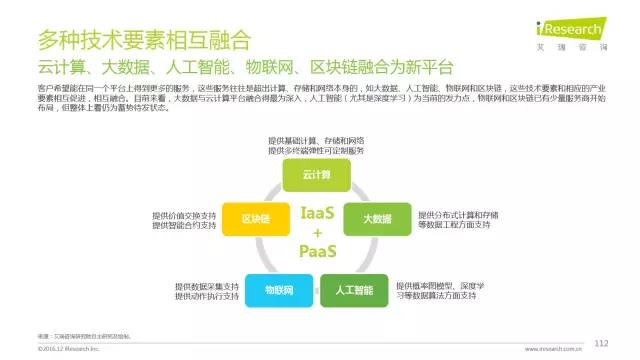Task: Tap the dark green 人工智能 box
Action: (x=353, y=290)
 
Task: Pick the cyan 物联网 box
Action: (x=277, y=290)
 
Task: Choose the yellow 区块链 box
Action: (x=254, y=218)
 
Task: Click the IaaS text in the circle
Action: (x=318, y=212)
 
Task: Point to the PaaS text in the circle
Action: (x=318, y=251)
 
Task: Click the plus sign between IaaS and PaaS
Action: (x=318, y=232)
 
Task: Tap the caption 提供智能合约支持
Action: (x=184, y=225)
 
